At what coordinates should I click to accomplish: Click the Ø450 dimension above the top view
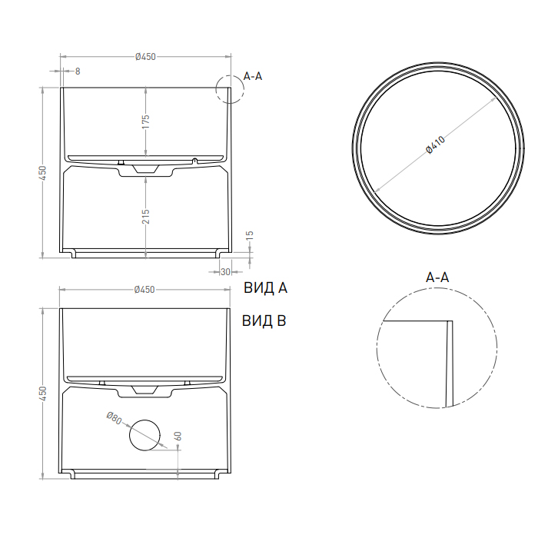click(x=145, y=56)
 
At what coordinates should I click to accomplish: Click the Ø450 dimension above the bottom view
click(x=145, y=290)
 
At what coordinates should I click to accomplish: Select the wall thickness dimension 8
click(x=78, y=71)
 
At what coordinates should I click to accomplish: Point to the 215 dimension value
click(x=145, y=217)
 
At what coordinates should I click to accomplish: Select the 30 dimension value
click(x=225, y=271)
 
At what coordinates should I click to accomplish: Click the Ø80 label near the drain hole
click(x=114, y=419)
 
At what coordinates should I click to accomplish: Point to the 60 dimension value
click(x=178, y=436)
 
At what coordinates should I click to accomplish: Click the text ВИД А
click(x=265, y=289)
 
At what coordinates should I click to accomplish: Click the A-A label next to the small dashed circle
click(x=253, y=76)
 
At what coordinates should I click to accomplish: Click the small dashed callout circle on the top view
click(x=229, y=89)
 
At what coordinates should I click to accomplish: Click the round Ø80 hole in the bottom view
click(x=144, y=435)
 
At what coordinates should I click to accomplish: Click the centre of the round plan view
click(x=436, y=148)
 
